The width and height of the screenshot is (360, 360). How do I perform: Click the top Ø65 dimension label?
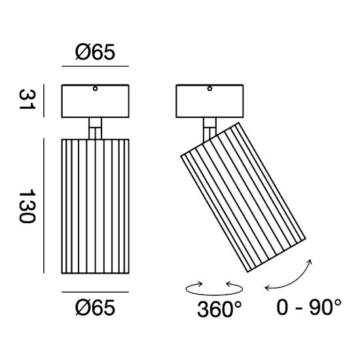[95, 52]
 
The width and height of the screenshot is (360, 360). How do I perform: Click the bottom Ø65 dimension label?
[95, 308]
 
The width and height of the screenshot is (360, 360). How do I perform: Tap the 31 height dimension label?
[27, 99]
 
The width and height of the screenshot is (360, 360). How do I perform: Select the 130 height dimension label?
[27, 206]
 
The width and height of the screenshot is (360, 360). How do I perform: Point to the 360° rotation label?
[219, 309]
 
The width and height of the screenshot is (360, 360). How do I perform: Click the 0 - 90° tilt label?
[309, 307]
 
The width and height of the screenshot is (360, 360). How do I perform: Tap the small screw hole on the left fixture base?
[95, 88]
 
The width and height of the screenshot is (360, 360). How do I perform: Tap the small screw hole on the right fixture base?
[209, 88]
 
